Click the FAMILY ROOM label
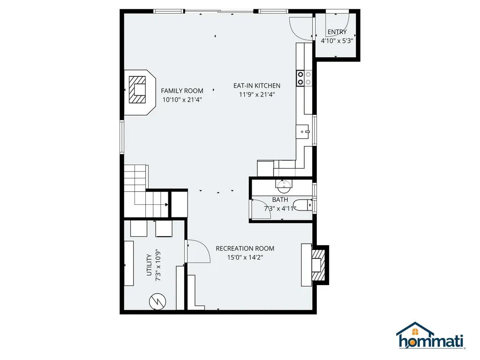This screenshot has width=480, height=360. click(182, 90)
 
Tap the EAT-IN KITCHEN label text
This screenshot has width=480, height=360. click(257, 85)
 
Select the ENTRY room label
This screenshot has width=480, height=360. click(337, 32)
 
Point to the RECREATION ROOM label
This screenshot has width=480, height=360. click(245, 248)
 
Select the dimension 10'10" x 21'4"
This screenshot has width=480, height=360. click(182, 99)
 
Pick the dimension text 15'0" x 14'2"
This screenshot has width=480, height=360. click(245, 257)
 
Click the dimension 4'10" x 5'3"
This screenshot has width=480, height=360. click(337, 41)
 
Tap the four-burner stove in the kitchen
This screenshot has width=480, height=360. click(304, 78)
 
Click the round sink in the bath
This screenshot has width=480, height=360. click(283, 187)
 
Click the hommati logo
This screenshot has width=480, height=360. click(430, 337)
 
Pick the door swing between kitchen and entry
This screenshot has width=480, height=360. click(301, 28)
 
